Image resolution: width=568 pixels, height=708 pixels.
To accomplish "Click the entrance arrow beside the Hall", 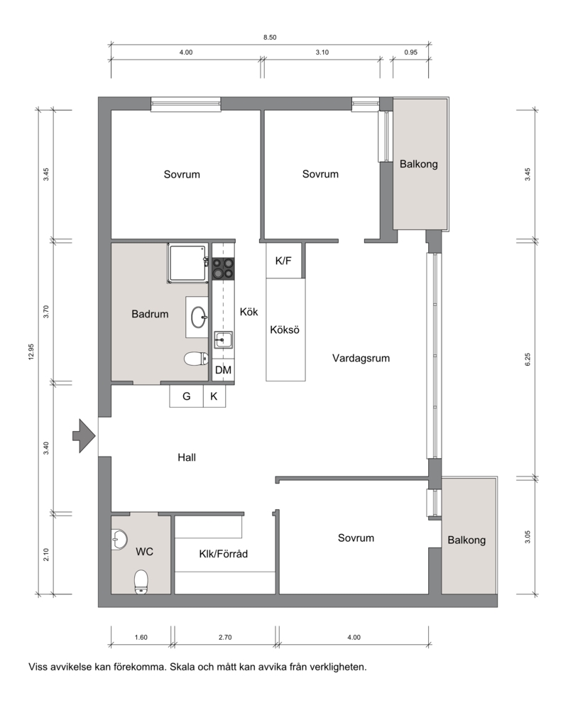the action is [84, 436].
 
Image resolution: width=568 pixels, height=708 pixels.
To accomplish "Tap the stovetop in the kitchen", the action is [223, 268].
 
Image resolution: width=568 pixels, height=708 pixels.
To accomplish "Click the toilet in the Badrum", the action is [196, 359].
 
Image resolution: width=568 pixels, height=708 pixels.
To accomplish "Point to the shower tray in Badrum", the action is [188, 263].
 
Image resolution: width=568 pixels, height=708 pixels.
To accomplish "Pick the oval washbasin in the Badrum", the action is [199, 317].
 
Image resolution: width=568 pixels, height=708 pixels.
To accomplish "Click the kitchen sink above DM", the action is [223, 339].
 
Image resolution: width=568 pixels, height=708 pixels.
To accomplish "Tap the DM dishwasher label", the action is [223, 370].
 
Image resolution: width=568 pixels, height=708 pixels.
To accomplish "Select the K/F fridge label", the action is [283, 261].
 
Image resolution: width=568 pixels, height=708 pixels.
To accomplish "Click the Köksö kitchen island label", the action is [285, 330].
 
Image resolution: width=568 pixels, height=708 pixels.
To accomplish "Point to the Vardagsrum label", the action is [361, 359].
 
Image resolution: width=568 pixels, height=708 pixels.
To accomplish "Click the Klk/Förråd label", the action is [224, 554].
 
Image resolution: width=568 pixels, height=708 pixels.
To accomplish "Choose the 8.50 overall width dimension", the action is [270, 38].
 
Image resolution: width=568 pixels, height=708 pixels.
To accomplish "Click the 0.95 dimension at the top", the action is [411, 53].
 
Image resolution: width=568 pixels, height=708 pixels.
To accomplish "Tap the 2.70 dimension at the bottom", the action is [225, 638].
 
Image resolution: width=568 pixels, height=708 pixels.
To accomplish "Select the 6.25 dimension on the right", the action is [528, 359].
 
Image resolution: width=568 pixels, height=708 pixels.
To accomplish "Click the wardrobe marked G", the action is [187, 396].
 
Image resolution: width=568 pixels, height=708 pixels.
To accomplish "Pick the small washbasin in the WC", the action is [119, 539].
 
